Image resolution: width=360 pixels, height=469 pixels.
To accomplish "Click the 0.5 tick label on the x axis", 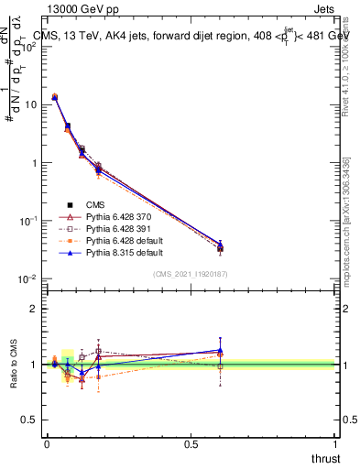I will pyautogui.click(x=191, y=442).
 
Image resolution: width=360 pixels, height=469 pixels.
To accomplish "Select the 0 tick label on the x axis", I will pyautogui.click(x=47, y=442).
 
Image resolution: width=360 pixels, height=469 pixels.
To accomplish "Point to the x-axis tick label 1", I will pyautogui.click(x=335, y=442).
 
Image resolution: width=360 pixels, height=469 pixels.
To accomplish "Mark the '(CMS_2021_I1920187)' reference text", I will pyautogui.click(x=190, y=274).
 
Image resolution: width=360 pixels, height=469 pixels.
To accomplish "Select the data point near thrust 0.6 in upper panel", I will pyautogui.click(x=220, y=247).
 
